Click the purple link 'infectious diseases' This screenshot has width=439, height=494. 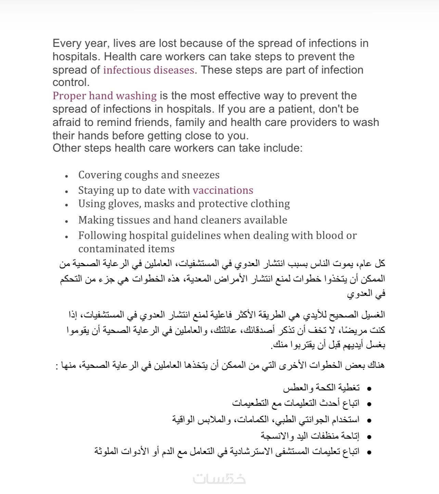tap(149, 70)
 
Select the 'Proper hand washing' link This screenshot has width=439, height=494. tap(104, 96)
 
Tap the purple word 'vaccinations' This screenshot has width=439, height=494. tap(223, 190)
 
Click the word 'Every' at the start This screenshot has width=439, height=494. tap(67, 43)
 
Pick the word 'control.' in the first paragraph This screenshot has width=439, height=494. tap(71, 83)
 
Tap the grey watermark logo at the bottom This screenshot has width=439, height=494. tap(219, 478)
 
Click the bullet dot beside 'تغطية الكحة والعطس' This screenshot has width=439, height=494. tap(369, 389)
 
